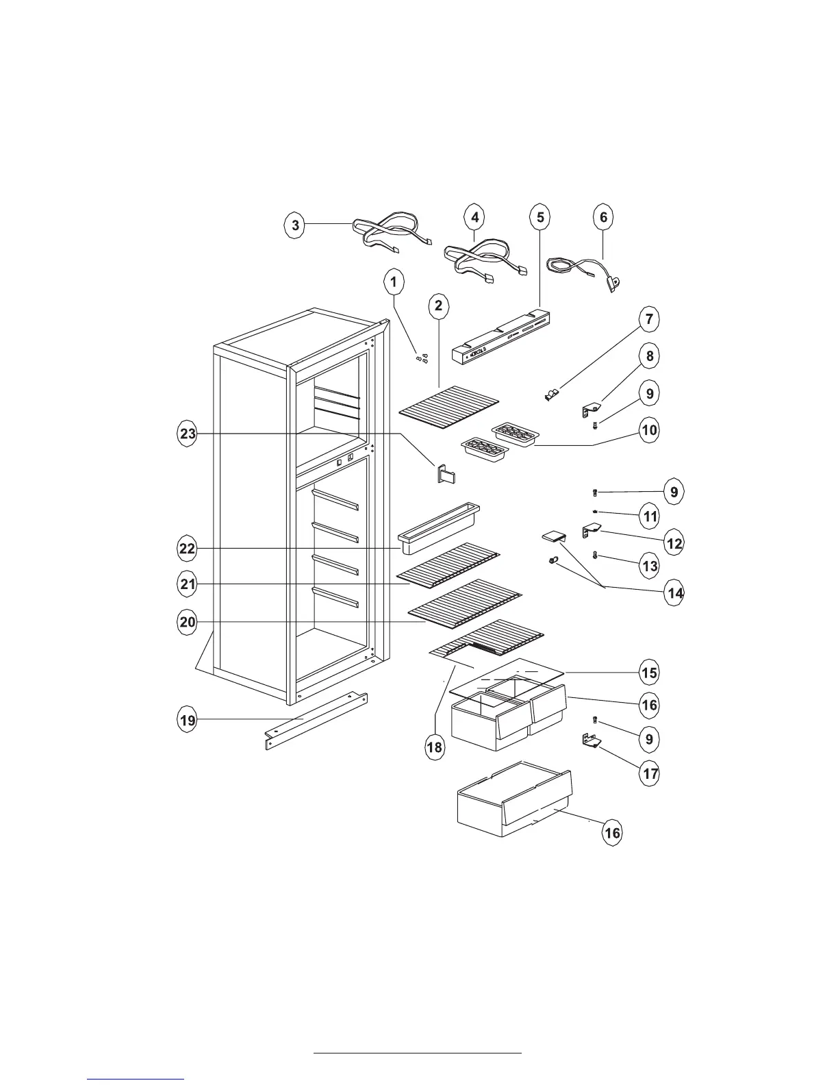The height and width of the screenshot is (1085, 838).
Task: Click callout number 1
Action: point(393,281)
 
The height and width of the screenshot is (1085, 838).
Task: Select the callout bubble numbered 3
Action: point(295,225)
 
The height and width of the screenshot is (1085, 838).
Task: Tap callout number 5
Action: point(540,217)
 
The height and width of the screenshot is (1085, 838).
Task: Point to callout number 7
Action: point(649,319)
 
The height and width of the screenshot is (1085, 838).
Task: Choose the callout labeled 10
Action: point(649,430)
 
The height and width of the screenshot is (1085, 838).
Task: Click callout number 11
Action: point(649,516)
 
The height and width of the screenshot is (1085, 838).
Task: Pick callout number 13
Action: point(649,566)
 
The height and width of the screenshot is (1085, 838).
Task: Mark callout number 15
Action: point(649,673)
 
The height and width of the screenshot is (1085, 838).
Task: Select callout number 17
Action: point(649,774)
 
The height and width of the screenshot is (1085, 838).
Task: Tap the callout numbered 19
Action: point(187,720)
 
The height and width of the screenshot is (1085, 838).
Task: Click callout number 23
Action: point(187,434)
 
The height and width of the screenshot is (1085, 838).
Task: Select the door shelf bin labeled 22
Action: point(438,529)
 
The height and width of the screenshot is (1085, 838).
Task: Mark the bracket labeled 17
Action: point(590,741)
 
